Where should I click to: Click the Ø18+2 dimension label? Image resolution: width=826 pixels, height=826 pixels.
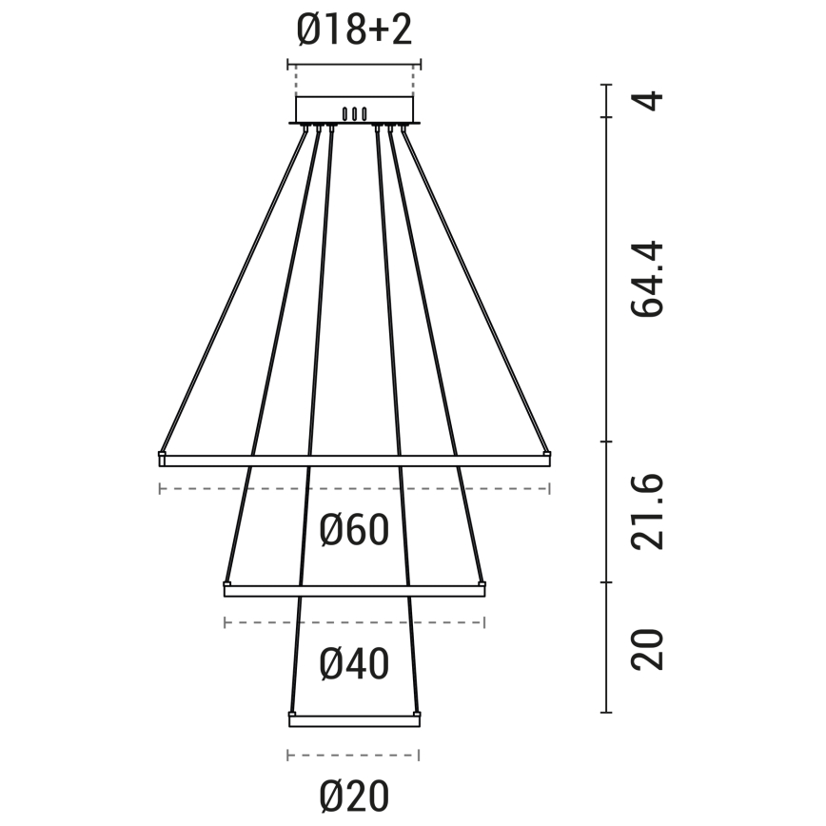[x=354, y=31]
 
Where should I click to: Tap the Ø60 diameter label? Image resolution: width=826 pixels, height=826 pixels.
[x=354, y=530]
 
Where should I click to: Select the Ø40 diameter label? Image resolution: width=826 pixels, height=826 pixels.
[x=354, y=664]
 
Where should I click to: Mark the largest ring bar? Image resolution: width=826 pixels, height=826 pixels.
[x=354, y=460]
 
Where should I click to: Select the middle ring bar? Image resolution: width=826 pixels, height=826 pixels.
[x=354, y=591]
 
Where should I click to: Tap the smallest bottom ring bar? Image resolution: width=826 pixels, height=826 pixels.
[x=354, y=720]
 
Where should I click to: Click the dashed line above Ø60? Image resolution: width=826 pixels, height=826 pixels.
[x=354, y=489]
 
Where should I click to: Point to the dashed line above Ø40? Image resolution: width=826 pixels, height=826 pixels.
[x=354, y=622]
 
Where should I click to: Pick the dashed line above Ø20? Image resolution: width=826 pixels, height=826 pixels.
[x=353, y=756]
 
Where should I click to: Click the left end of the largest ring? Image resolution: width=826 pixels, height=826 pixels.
[x=163, y=459]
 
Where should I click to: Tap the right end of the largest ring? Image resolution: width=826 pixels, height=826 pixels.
[x=546, y=459]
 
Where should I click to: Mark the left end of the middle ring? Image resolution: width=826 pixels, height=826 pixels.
[x=227, y=589]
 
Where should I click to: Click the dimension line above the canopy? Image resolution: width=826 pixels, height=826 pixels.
[x=354, y=65]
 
